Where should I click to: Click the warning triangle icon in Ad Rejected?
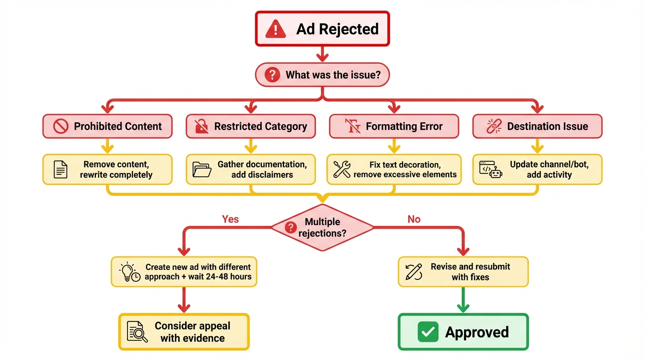276,29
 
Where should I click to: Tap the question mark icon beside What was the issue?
272,75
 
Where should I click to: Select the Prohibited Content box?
107,127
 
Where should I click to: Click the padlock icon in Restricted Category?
201,126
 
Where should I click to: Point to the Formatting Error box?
394,127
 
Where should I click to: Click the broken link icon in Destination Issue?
494,126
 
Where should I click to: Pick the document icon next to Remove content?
60,170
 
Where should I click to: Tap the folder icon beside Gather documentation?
202,170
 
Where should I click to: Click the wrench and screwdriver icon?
342,169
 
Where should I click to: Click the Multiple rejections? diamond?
322,227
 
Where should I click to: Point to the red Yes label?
230,219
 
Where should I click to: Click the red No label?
414,219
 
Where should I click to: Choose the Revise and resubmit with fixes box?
463,272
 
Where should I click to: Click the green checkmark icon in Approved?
427,332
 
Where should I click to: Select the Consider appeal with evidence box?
184,332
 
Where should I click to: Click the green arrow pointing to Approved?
463,300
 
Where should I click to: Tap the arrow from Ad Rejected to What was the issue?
322,54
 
